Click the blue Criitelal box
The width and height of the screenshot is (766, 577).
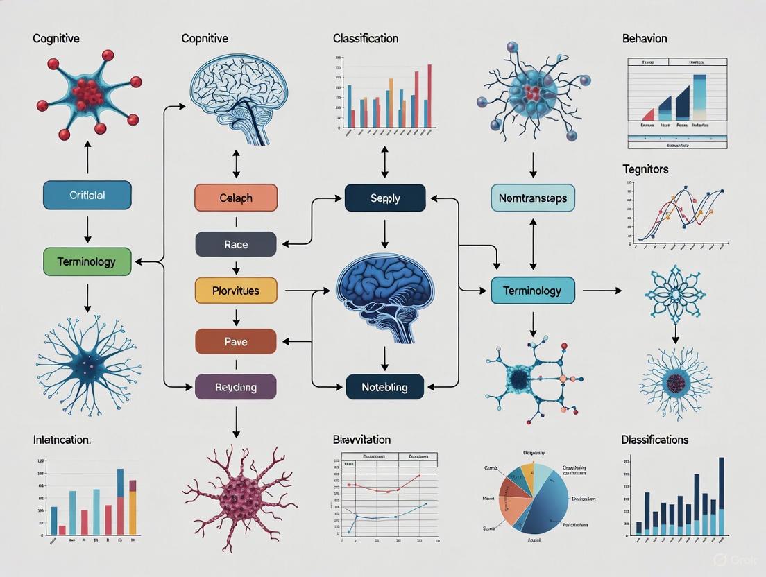(x=87, y=195)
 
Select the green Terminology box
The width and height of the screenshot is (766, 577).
(x=87, y=262)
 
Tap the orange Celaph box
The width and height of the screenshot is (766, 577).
(x=236, y=198)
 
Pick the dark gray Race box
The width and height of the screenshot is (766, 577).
(x=236, y=244)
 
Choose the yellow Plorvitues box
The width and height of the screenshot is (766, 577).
(x=236, y=291)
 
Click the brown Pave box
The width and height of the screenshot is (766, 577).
(x=236, y=341)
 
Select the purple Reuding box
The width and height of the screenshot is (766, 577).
(x=236, y=387)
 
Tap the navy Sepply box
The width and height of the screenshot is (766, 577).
(x=385, y=198)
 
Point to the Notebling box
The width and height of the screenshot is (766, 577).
(x=385, y=387)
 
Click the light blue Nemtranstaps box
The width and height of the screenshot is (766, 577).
(x=533, y=198)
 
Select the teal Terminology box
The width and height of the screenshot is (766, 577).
(x=533, y=290)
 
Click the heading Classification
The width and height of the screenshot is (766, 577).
(x=366, y=39)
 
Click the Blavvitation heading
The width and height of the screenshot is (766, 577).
(x=361, y=440)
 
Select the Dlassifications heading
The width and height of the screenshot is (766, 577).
(x=655, y=440)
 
